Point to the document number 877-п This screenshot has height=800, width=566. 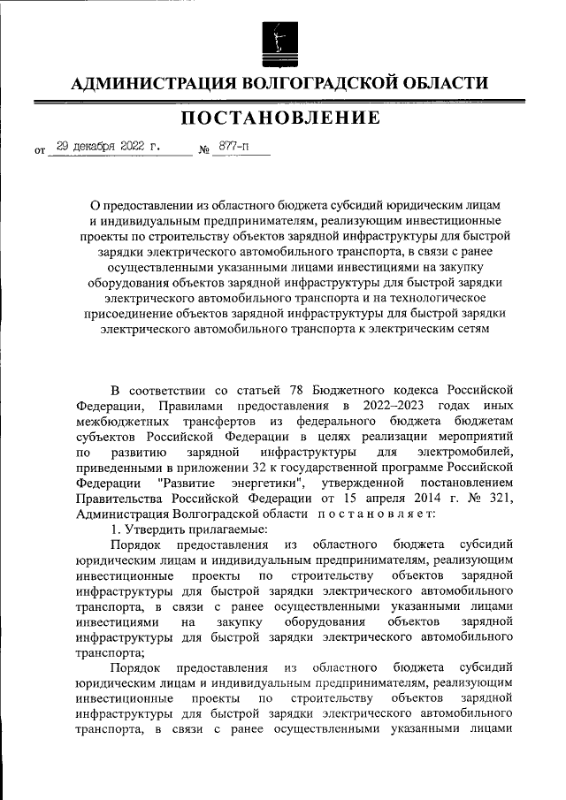(x=231, y=148)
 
